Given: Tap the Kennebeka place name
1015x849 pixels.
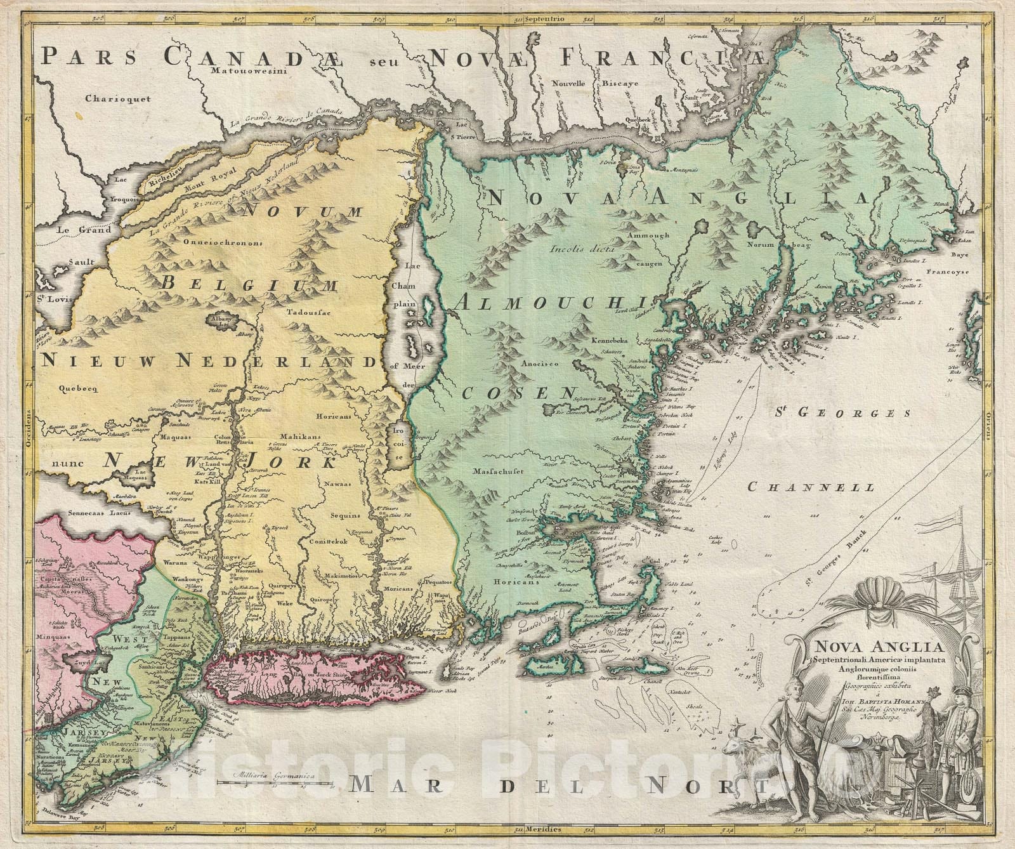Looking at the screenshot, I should [x=609, y=341].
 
